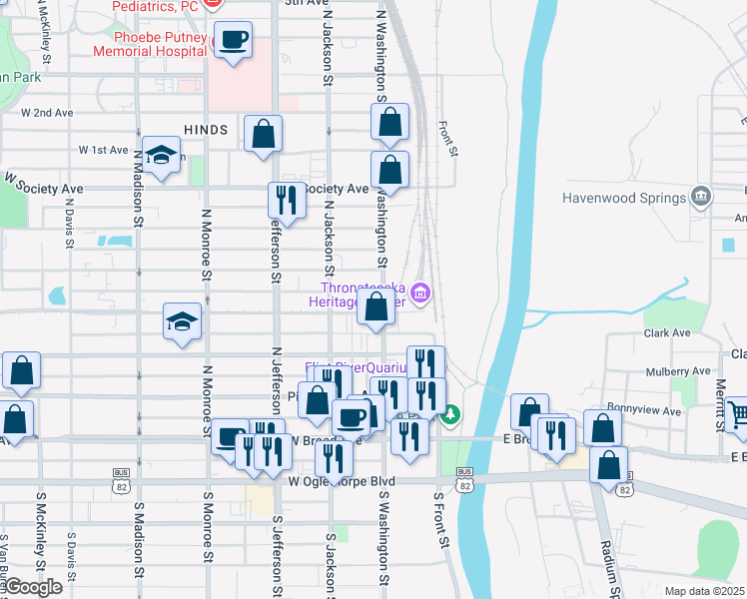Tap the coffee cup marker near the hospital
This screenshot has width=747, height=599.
click(233, 41)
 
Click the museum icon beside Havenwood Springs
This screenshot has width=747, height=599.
click(700, 196)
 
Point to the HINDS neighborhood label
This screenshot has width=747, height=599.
click(206, 130)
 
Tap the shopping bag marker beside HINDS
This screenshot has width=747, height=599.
click(263, 134)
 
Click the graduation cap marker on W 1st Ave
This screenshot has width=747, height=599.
click(160, 155)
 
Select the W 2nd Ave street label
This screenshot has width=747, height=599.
click(47, 113)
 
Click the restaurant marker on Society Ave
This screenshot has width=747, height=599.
click(287, 201)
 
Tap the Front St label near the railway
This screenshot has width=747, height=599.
click(448, 139)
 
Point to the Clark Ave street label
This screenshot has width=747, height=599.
click(667, 332)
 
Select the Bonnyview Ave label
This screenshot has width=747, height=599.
click(645, 410)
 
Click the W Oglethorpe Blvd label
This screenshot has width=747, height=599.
click(342, 481)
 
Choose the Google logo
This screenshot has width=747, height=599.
click(32, 587)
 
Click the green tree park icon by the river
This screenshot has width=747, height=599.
click(451, 412)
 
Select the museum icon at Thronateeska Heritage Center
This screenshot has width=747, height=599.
click(422, 293)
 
